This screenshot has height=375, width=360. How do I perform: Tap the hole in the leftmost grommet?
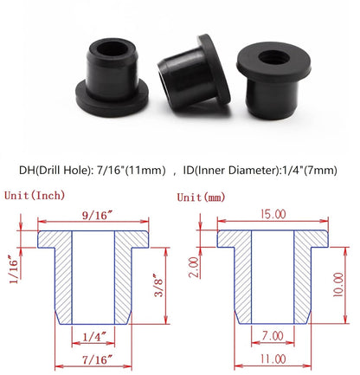pyautogui.click(x=116, y=49)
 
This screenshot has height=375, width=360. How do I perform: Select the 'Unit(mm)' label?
pyautogui.click(x=199, y=197)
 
